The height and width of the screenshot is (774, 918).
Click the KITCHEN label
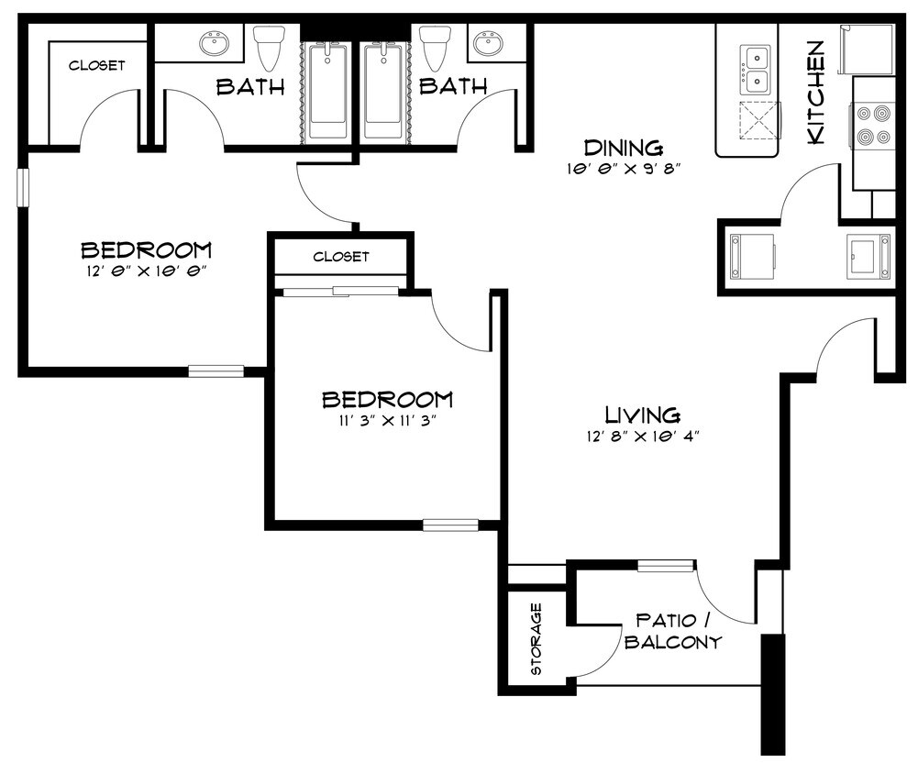(x=815, y=92)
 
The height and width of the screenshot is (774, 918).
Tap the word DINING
(x=624, y=148)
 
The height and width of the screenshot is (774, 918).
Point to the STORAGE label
(x=536, y=639)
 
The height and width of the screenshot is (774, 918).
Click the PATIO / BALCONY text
(x=672, y=632)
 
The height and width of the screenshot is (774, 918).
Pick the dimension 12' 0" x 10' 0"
(x=146, y=271)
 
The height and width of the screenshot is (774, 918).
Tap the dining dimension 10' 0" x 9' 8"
(x=623, y=170)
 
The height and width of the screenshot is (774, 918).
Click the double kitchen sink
(x=758, y=70)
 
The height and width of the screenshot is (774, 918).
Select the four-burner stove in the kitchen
(x=872, y=127)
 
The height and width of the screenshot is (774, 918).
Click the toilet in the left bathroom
(x=268, y=47)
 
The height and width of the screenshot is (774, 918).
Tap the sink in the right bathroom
(x=486, y=42)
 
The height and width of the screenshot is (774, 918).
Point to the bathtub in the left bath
(x=326, y=90)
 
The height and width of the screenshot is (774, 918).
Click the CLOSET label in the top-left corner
(x=96, y=65)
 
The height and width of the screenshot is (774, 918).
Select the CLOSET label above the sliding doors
(x=340, y=257)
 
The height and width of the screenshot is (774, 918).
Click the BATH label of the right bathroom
(x=452, y=86)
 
